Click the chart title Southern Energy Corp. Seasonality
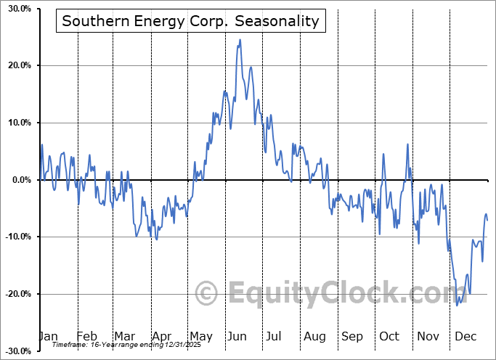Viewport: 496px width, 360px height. click(190, 20)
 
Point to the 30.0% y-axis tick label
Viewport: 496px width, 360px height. click(19, 9)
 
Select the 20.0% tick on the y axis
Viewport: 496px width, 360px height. click(19, 66)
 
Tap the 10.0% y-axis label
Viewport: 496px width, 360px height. click(19, 123)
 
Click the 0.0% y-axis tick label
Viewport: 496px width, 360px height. click(20, 180)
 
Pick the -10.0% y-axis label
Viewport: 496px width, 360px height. click(17, 237)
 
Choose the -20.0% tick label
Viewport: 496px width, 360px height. click(17, 294)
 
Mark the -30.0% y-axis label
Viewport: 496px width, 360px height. click(17, 351)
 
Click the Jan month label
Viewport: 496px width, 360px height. click(48, 336)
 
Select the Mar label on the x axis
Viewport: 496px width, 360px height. click(125, 336)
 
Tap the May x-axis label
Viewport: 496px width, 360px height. click(200, 336)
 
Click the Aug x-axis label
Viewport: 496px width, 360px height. click(315, 336)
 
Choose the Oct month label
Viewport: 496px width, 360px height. click(389, 336)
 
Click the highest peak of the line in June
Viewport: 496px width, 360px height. click(240, 40)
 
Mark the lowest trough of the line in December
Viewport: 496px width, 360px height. click(458, 305)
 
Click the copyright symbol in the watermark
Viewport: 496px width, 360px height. click(208, 294)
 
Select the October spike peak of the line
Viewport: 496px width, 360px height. click(407, 144)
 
